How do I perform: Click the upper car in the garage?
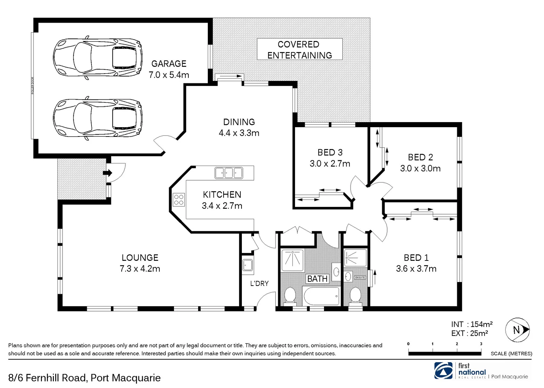click(97, 57)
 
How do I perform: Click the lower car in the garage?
click(97, 118)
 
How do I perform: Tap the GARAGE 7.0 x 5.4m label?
click(169, 69)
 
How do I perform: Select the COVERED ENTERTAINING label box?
click(300, 50)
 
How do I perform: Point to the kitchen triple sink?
click(229, 173)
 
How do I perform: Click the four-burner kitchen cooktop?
click(179, 200)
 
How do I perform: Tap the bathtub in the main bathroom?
click(322, 296)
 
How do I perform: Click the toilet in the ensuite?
click(355, 295)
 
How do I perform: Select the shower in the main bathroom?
click(292, 260)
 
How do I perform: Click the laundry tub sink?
click(248, 265)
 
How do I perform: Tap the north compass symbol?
click(517, 330)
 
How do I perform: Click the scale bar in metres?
click(445, 354)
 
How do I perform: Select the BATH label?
click(317, 278)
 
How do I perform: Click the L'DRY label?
click(259, 283)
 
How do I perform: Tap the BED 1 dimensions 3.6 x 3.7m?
click(416, 269)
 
